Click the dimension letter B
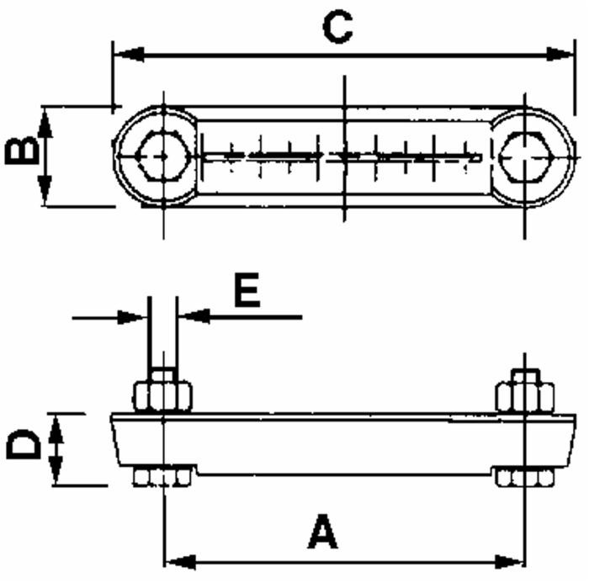tap(21, 151)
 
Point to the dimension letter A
tap(322, 533)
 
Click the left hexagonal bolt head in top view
tap(162, 156)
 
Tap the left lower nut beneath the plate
tap(162, 477)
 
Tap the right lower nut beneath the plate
tap(524, 477)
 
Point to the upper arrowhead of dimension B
tap(45, 119)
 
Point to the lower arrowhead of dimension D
tap(56, 474)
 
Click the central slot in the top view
tap(343, 156)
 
